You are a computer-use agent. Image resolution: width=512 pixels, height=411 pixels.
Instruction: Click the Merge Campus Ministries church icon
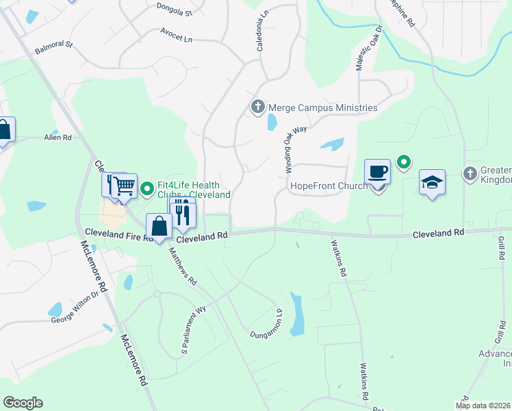pyautogui.click(x=257, y=107)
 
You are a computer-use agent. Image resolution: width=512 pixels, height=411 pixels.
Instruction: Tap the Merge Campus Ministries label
pyautogui.click(x=322, y=108)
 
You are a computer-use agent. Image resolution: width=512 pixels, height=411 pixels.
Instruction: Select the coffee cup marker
pyautogui.click(x=377, y=171)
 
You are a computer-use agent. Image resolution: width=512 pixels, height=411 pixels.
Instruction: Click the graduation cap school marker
pyautogui.click(x=432, y=182)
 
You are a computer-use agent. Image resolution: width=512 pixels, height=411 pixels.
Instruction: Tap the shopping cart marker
pyautogui.click(x=124, y=185)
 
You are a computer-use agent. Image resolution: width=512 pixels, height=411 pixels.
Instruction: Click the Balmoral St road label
pyautogui.click(x=54, y=47)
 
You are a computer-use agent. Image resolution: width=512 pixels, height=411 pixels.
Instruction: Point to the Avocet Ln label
pyautogui.click(x=176, y=36)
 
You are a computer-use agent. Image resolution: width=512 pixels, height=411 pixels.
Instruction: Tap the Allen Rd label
pyautogui.click(x=58, y=138)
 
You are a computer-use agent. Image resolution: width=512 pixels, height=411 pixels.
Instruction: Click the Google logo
pyautogui.click(x=23, y=403)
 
